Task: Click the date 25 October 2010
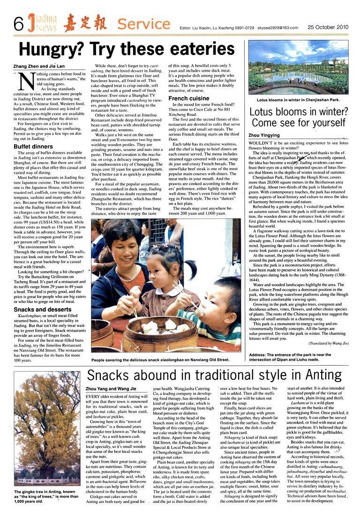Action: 328,27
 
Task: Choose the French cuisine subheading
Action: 189,98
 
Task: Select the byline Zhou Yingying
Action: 267,134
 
